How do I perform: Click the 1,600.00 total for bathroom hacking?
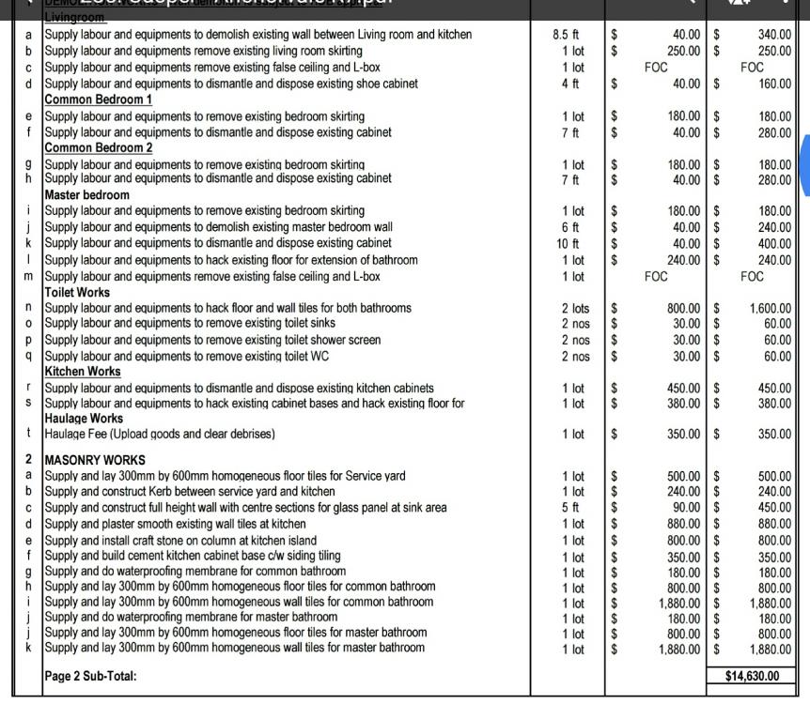pyautogui.click(x=771, y=308)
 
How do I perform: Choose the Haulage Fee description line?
pyautogui.click(x=160, y=434)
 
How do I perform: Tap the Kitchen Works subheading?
pyautogui.click(x=83, y=372)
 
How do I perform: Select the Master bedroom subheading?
pyautogui.click(x=86, y=194)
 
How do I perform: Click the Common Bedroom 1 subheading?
pyautogui.click(x=99, y=99)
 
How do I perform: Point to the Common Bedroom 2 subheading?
pyautogui.click(x=99, y=147)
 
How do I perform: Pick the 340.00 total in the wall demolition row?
pyautogui.click(x=774, y=35)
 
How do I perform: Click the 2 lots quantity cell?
pyautogui.click(x=575, y=308)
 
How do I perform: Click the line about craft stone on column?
pyautogui.click(x=180, y=540)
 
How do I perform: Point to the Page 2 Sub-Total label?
pyautogui.click(x=90, y=676)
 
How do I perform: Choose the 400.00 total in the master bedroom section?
pyautogui.click(x=774, y=243)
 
